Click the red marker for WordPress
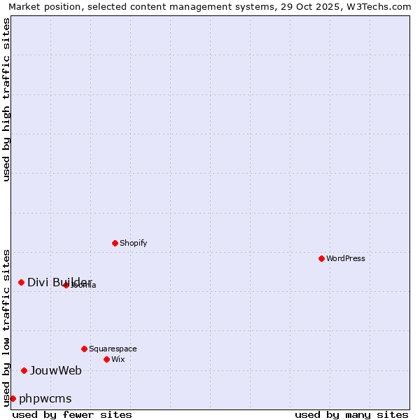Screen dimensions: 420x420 (x=321, y=258)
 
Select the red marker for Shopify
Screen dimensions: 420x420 (x=115, y=243)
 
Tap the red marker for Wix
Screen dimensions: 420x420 (x=106, y=359)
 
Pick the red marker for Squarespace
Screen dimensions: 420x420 (x=84, y=349)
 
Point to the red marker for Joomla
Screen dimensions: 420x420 (x=66, y=285)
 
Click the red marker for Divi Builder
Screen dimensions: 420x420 (x=21, y=282)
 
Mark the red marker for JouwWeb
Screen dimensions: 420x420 (x=24, y=370)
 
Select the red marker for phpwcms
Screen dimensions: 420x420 (x=13, y=398)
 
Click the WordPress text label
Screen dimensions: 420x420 (x=346, y=258)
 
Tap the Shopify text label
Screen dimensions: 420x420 (x=133, y=243)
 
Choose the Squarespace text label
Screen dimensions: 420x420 (x=113, y=349)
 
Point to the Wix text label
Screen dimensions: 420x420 (x=118, y=359)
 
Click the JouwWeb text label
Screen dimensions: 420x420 (x=56, y=370)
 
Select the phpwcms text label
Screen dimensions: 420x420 (x=45, y=398)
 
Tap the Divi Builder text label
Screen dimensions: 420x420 (x=59, y=282)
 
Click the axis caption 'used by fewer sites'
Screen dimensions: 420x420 (x=72, y=414)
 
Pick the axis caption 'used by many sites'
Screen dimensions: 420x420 (x=351, y=414)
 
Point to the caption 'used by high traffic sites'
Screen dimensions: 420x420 (x=7, y=99)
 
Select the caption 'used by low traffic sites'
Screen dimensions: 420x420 (x=7, y=327)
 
